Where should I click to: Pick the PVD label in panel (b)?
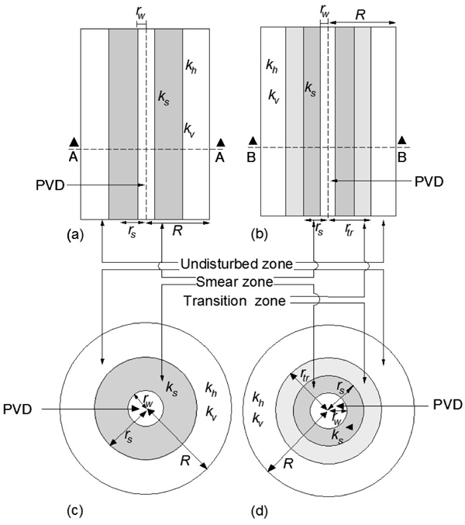click(428, 182)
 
